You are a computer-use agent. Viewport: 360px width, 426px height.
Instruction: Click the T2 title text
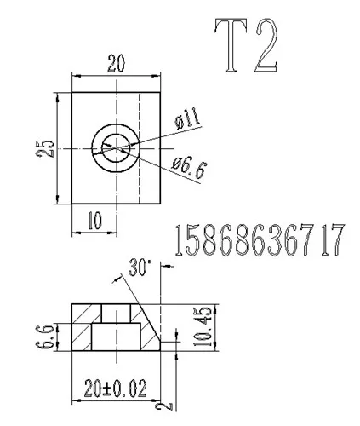click(x=246, y=45)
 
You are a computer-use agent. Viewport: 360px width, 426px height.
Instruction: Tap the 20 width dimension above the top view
click(x=116, y=63)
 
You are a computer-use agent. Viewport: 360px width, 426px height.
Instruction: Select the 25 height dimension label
click(x=45, y=148)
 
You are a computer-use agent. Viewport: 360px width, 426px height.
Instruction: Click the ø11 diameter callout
click(x=188, y=119)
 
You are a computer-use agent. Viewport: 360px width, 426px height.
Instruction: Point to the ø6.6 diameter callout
click(x=188, y=169)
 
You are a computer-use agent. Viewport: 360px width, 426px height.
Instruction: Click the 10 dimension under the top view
click(x=94, y=221)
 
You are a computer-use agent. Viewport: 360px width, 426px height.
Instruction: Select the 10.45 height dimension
click(x=203, y=326)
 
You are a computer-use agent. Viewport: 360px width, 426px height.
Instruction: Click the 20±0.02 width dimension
click(x=116, y=389)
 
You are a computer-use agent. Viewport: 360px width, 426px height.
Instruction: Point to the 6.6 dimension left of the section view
click(x=45, y=337)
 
